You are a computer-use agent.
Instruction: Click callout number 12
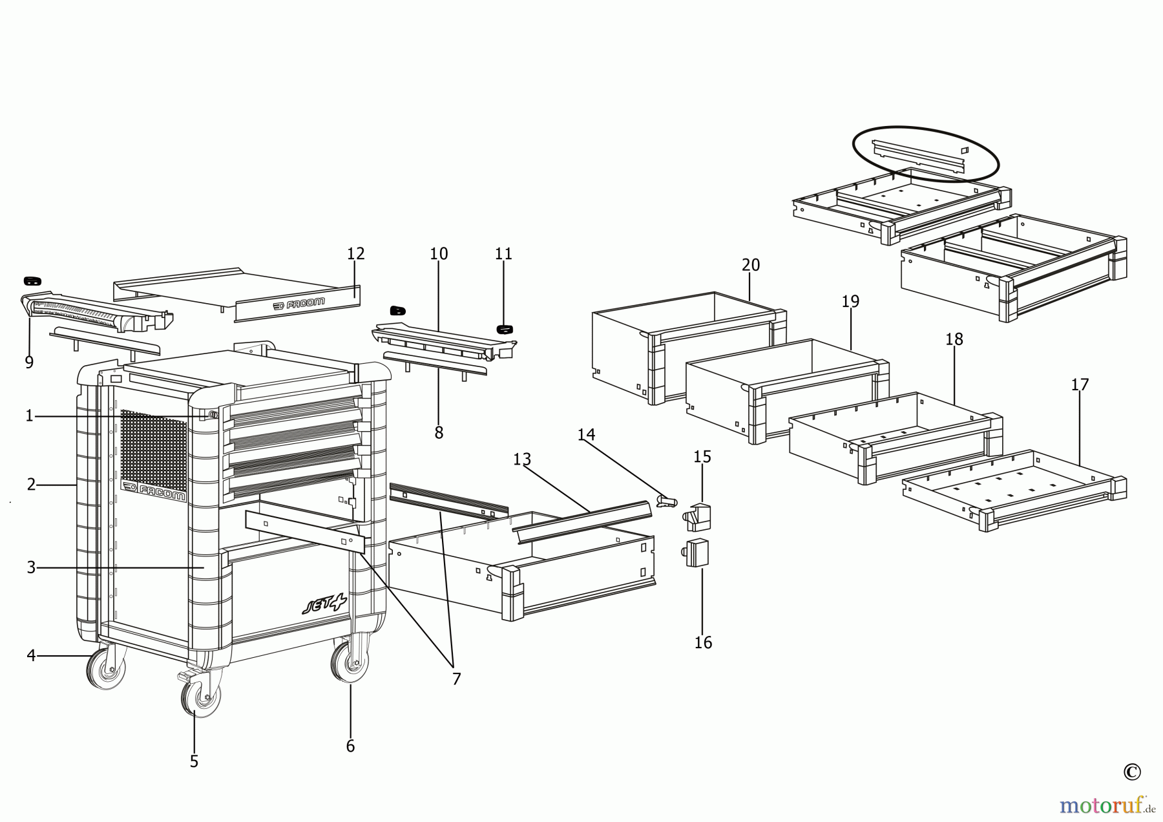click(x=356, y=254)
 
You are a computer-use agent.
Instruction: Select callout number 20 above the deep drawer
click(x=751, y=265)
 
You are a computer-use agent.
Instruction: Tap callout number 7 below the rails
click(x=456, y=679)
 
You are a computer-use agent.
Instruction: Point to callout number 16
click(x=703, y=642)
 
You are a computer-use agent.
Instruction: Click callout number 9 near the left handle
click(x=29, y=363)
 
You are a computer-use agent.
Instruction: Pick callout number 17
click(x=1080, y=385)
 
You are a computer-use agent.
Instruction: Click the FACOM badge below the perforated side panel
click(x=154, y=492)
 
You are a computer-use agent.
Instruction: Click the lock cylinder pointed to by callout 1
click(x=213, y=415)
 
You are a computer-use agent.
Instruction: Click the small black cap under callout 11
click(x=504, y=329)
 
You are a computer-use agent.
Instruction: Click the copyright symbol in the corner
click(x=1131, y=772)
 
